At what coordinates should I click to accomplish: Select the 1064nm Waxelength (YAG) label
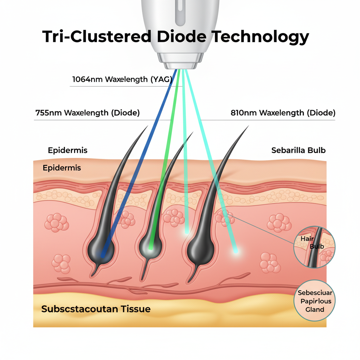[x=122, y=79]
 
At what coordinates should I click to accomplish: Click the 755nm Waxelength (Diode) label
[x=88, y=113]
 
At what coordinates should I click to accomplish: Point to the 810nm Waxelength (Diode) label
[x=283, y=113]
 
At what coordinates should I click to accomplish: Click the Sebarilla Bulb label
[x=298, y=150]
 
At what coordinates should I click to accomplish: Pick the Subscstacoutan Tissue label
[x=96, y=309]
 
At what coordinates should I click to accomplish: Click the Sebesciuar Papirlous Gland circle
[x=315, y=301]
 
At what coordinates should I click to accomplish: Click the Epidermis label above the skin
[x=67, y=150]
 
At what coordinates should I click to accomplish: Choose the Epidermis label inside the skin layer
[x=62, y=168]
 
